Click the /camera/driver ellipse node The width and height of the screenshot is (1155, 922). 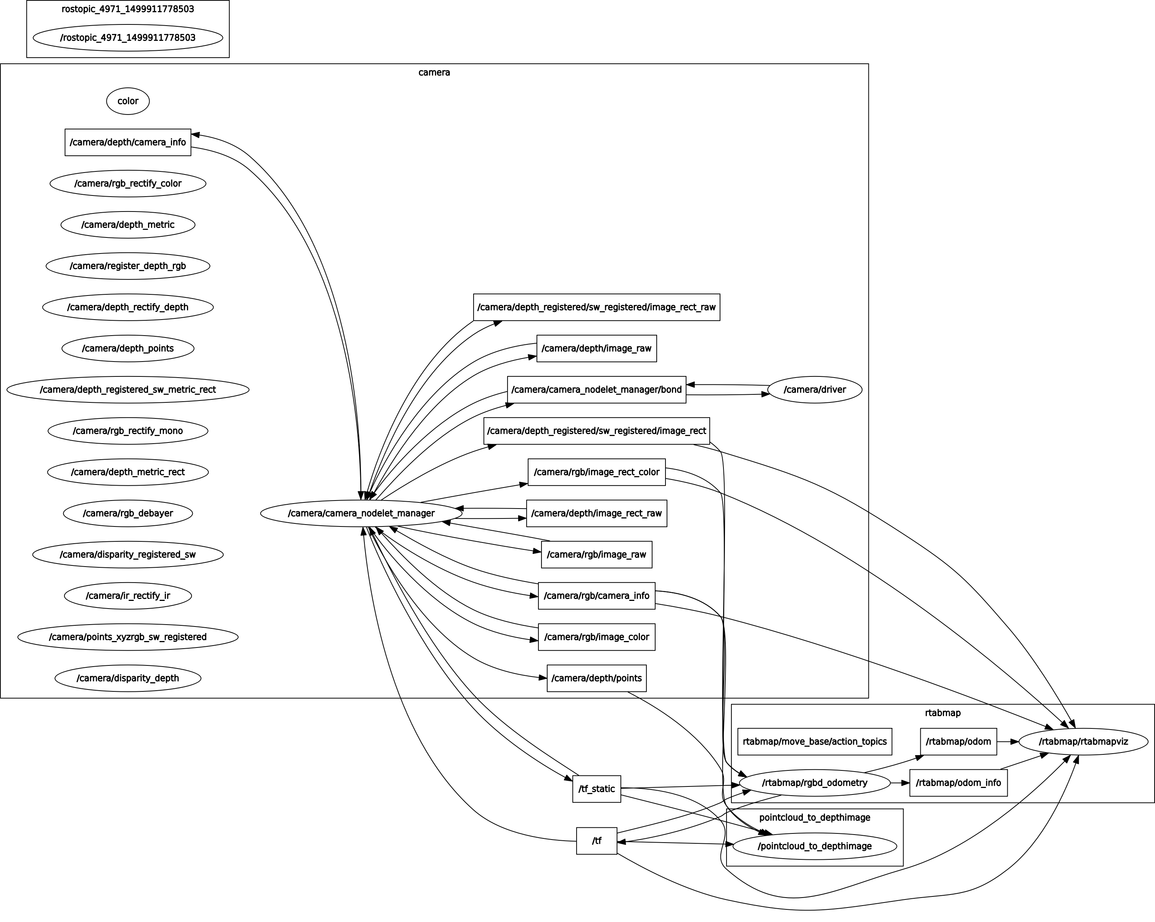(814, 390)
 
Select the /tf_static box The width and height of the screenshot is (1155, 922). (596, 788)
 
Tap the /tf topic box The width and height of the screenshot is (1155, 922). (596, 841)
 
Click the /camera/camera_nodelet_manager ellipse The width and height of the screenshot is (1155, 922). (361, 513)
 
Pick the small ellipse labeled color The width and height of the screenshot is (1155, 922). (127, 101)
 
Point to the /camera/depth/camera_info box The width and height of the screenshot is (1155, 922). (127, 142)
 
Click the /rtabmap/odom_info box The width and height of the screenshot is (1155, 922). (958, 783)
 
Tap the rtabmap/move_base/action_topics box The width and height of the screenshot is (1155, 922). (814, 742)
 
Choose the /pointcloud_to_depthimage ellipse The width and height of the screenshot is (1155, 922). (814, 846)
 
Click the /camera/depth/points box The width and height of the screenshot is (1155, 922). (596, 678)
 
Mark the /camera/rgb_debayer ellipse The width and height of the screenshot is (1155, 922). (127, 513)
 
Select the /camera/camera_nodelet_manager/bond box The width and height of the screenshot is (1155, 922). (596, 390)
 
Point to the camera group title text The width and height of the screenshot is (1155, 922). (434, 73)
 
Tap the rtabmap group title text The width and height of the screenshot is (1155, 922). (942, 713)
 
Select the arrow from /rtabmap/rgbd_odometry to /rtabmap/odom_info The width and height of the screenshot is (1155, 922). (900, 783)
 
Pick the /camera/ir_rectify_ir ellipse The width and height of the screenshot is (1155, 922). (127, 596)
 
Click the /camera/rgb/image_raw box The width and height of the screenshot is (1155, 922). (596, 554)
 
